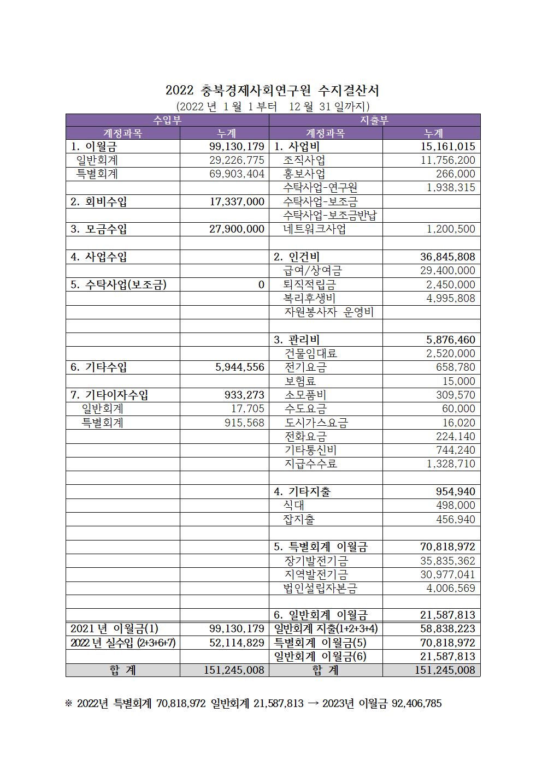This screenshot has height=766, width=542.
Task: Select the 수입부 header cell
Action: pyautogui.click(x=167, y=120)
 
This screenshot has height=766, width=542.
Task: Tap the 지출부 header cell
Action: pyautogui.click(x=374, y=120)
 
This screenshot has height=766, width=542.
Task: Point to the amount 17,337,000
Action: pyautogui.click(x=237, y=201)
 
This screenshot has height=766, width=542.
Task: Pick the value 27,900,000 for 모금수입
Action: pyautogui.click(x=237, y=229)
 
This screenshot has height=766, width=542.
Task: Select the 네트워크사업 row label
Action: pyautogui.click(x=315, y=229)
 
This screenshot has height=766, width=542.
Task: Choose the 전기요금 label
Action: pyautogui.click(x=305, y=367)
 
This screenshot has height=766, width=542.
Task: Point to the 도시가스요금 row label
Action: pyautogui.click(x=316, y=423)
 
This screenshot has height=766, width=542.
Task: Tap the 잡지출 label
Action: pyautogui.click(x=299, y=519)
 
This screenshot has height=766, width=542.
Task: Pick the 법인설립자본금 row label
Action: pyautogui.click(x=321, y=588)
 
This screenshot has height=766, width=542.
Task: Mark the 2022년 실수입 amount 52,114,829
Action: pyautogui.click(x=237, y=643)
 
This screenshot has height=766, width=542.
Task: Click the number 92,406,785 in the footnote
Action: pyautogui.click(x=416, y=703)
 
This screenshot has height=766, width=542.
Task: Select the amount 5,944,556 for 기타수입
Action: pyautogui.click(x=240, y=367)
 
